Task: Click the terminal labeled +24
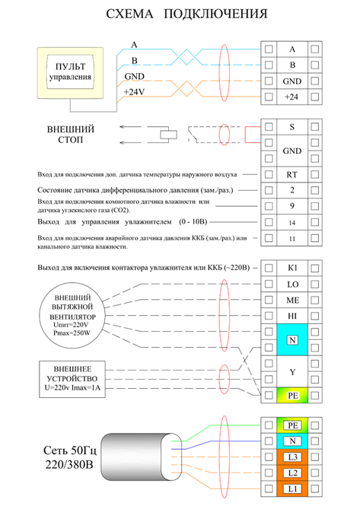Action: coord(292,97)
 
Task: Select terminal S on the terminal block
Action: coord(292,126)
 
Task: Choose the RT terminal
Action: coord(292,174)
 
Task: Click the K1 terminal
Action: coord(292,269)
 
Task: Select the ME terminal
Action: coord(292,300)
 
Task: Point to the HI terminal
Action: coord(292,316)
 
